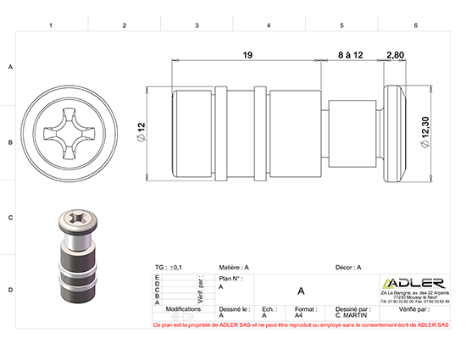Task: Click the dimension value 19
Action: pyautogui.click(x=247, y=55)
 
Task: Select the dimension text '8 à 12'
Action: pyautogui.click(x=350, y=55)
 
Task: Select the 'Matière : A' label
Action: pyautogui.click(x=234, y=267)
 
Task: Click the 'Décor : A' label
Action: pyautogui.click(x=348, y=267)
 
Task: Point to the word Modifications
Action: pyautogui.click(x=182, y=310)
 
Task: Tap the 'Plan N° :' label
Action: pyautogui.click(x=231, y=278)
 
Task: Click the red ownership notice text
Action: pyautogui.click(x=300, y=324)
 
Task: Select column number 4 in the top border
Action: pyautogui.click(x=269, y=26)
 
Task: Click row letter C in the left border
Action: pyautogui.click(x=10, y=218)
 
